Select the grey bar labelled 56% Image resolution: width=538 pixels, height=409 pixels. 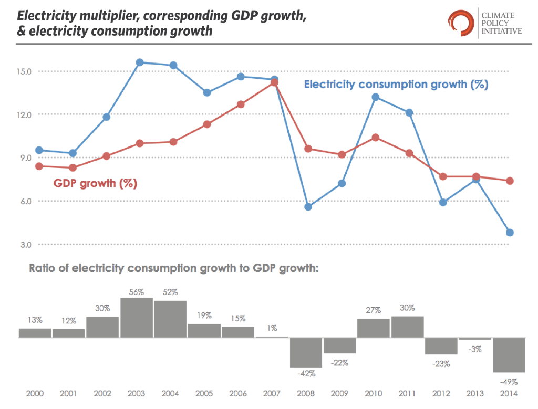click(137, 318)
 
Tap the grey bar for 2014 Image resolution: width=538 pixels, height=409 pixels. click(509, 355)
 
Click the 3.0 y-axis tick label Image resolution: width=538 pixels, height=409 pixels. click(24, 245)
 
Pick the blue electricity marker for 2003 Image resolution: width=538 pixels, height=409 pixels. click(140, 62)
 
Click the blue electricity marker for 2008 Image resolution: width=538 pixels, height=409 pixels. click(308, 207)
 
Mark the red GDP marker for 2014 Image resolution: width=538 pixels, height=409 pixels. click(510, 181)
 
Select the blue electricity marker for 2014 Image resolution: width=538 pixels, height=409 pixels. click(510, 233)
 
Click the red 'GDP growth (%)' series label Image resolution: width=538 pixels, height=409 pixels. click(95, 184)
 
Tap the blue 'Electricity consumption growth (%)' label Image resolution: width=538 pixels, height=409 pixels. click(396, 84)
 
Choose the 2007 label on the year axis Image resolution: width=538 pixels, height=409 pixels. click(272, 394)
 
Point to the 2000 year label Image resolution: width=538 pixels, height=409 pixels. click(35, 394)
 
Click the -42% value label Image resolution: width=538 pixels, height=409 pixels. click(306, 374)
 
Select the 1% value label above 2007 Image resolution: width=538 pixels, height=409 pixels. click(272, 328)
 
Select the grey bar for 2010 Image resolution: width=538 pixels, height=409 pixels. click(374, 328)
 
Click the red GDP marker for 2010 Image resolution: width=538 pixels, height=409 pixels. click(376, 138)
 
